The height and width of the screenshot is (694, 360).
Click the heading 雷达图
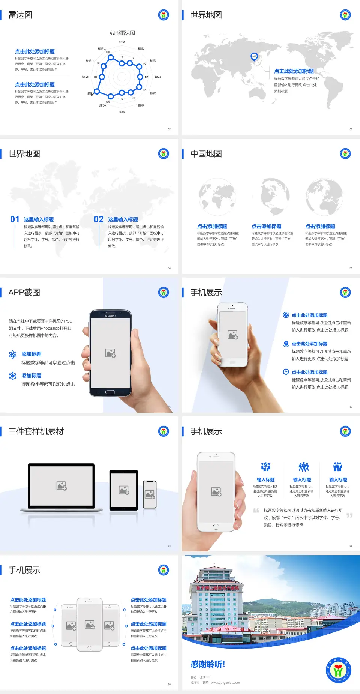coord(20,15)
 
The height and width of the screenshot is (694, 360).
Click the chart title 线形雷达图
coord(122,33)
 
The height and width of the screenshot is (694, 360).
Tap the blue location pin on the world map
coord(254,57)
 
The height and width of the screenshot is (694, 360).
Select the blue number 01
coord(15,219)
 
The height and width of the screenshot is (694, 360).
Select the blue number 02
coord(99,219)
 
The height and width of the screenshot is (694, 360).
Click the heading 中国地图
coord(206,154)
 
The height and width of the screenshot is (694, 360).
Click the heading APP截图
coord(24,293)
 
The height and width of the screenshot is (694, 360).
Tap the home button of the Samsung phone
coord(110,392)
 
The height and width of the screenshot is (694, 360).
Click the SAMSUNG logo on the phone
coord(110,316)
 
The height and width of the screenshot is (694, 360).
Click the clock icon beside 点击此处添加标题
coord(286,372)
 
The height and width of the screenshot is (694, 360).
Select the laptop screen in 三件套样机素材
coord(61,485)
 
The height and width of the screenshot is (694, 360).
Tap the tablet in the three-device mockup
coord(123,490)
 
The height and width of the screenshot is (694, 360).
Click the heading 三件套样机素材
coord(36,431)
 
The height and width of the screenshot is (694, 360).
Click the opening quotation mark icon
coord(256,510)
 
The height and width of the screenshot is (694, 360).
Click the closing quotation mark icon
coord(349,515)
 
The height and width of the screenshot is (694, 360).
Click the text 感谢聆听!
coord(208,664)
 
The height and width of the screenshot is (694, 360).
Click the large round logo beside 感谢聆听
coord(338,670)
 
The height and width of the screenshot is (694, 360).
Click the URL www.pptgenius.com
coord(225,683)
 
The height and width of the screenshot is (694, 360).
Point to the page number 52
coord(169,129)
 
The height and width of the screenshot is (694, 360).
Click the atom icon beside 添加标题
coord(13,355)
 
